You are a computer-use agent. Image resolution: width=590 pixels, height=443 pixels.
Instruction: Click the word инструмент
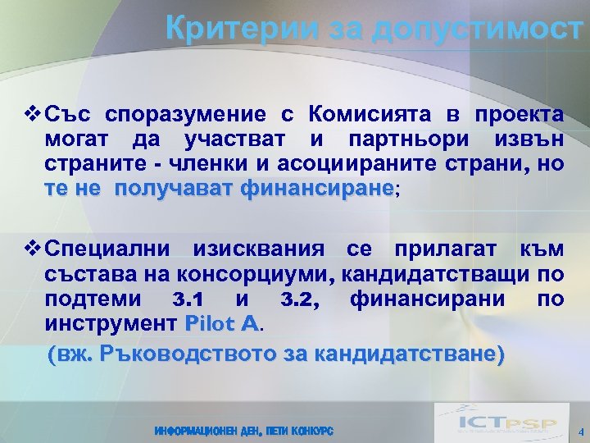(111, 323)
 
